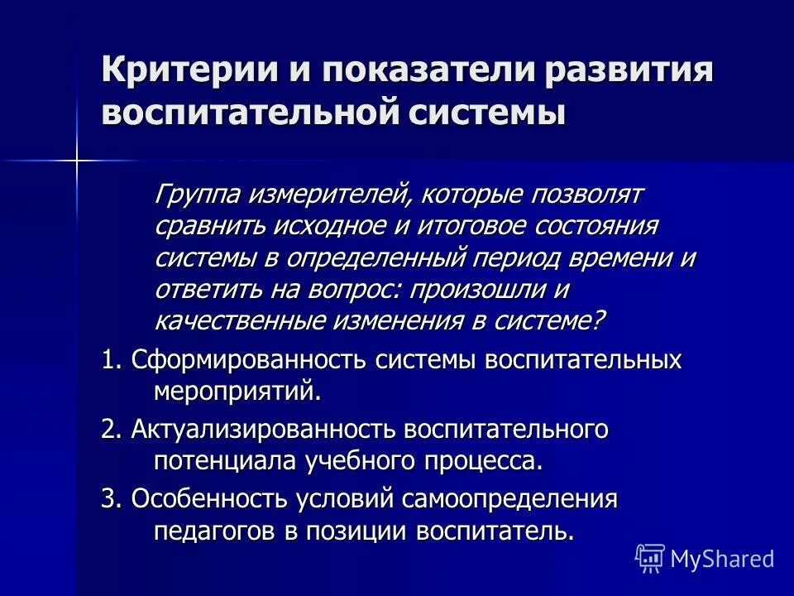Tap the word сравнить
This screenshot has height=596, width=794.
pos(208,227)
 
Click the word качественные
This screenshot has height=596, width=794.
pos(241,320)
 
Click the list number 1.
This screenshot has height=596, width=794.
pos(111,360)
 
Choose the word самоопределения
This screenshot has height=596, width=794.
pos(509,499)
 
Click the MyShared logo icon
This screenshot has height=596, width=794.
pos(650,558)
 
